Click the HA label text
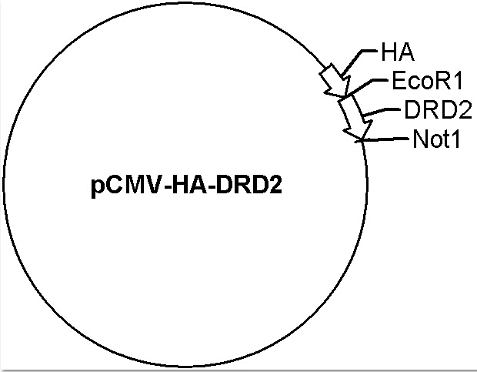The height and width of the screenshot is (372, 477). (x=398, y=52)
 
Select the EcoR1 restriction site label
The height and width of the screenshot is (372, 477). (x=427, y=81)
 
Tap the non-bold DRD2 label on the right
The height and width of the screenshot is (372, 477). (x=438, y=109)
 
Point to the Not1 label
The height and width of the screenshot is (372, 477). (x=436, y=139)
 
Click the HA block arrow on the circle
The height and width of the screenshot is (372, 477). (x=335, y=80)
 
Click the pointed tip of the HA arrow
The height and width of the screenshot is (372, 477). (x=345, y=97)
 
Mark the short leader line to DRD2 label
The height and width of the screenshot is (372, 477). (x=382, y=112)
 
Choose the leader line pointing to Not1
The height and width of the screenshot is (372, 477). (x=385, y=139)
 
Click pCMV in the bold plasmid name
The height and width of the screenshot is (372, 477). (x=125, y=186)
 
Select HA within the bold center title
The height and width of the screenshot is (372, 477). (x=190, y=185)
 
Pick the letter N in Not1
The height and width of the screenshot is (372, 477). (x=420, y=139)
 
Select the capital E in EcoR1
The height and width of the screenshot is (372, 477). (x=399, y=81)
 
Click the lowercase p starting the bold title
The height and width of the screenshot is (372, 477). (x=97, y=189)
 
